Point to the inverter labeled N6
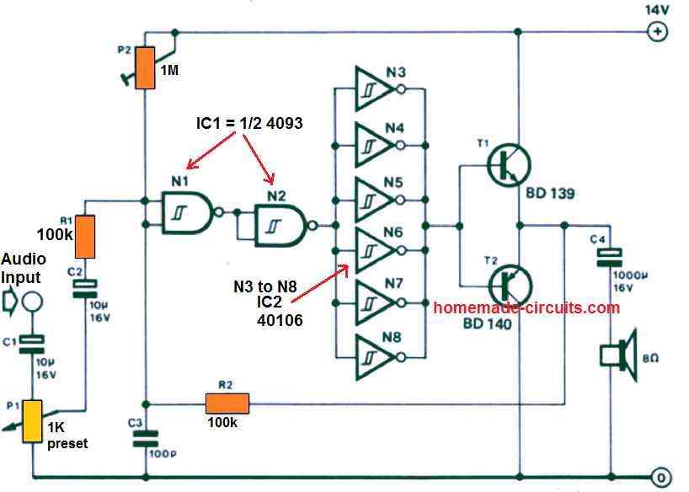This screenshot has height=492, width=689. click(372, 250)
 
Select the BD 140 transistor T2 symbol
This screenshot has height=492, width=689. click(509, 285)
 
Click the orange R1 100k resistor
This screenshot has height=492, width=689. click(86, 237)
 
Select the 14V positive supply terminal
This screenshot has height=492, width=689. click(655, 33)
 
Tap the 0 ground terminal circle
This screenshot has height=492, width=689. click(662, 474)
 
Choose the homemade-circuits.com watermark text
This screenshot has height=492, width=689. click(526, 307)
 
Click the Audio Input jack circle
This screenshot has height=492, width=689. click(32, 299)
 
